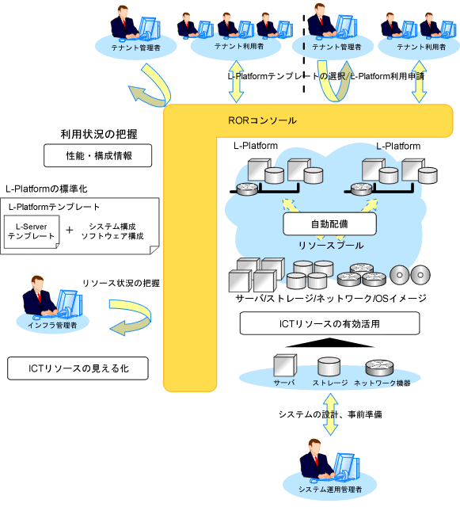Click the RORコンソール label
click(x=262, y=120)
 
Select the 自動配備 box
click(x=329, y=224)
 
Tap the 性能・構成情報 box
click(x=97, y=155)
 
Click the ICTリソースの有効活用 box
click(x=329, y=323)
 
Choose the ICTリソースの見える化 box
click(x=78, y=368)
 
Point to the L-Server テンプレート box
click(x=32, y=231)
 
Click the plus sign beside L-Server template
click(x=69, y=231)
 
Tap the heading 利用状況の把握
click(x=99, y=134)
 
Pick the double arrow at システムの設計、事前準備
click(x=330, y=414)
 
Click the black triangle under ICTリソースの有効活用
click(x=329, y=342)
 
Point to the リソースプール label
click(x=331, y=246)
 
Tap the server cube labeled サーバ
click(x=285, y=365)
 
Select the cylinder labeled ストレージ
click(x=329, y=367)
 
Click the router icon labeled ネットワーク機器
click(x=379, y=368)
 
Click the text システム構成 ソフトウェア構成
click(x=112, y=231)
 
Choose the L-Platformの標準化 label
click(x=46, y=189)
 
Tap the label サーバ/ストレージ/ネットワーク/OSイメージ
click(x=331, y=298)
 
